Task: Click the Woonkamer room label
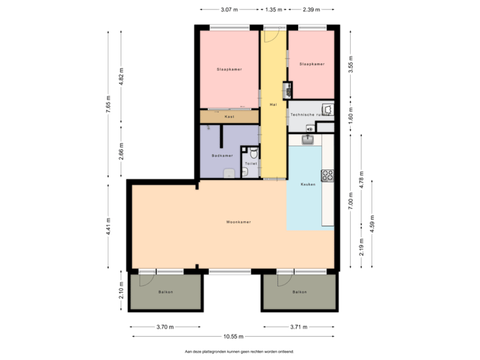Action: [238, 222]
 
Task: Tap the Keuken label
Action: [307, 184]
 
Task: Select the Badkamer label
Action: [222, 155]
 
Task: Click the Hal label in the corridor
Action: [273, 105]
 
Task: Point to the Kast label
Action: [229, 117]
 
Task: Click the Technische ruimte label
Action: [311, 115]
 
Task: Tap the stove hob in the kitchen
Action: [327, 175]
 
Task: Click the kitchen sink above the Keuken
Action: [308, 139]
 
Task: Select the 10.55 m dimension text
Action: [233, 336]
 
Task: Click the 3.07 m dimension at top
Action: [229, 10]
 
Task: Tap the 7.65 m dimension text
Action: [108, 105]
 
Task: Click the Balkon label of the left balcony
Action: [165, 292]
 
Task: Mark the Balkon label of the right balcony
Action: [299, 292]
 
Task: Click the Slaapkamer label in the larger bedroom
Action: [229, 69]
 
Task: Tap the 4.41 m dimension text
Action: [108, 225]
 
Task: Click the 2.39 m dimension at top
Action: [311, 10]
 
